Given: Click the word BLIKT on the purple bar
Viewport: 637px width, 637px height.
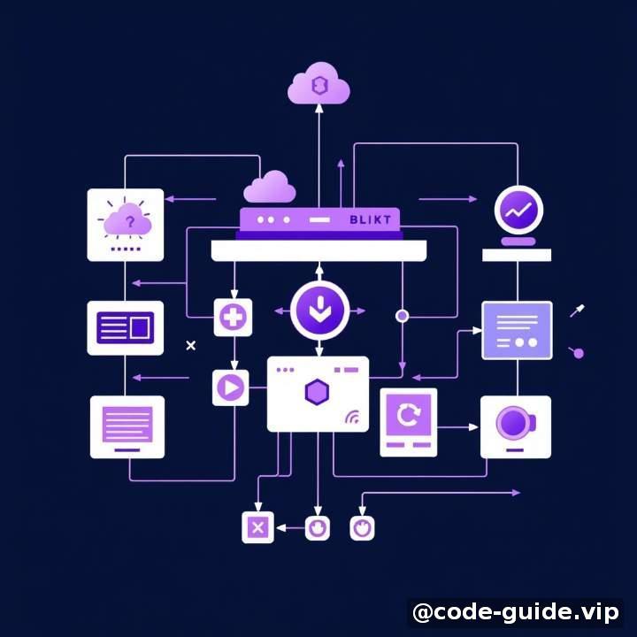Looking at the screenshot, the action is coord(370,219).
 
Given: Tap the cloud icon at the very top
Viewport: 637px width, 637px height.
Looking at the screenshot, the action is coord(318,83).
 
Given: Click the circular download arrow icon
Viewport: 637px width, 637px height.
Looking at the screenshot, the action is coord(319,311).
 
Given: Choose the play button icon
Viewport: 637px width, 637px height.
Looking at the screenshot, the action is coord(230,388).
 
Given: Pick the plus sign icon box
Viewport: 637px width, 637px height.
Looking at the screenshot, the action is coord(233,318).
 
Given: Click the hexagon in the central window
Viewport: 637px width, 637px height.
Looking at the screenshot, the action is coord(317,392).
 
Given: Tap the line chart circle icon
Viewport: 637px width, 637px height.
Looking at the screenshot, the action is coord(518,210).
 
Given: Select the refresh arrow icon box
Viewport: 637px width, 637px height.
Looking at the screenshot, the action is coord(408,422).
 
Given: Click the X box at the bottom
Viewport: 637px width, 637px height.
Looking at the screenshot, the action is coord(257,527).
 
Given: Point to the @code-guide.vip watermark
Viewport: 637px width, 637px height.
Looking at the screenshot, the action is coord(515,612).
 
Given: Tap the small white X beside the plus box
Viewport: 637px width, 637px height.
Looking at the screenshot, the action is coord(190,345).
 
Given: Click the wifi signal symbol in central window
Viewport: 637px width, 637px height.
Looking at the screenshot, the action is coord(352,417).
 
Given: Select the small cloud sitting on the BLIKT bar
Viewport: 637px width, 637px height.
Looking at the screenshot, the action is coord(270,187).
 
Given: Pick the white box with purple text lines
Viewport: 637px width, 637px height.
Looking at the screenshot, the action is coord(127,427).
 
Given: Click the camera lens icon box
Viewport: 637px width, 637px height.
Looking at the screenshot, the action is coord(516,426).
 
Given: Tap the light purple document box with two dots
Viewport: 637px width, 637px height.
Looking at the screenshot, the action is coord(517,330).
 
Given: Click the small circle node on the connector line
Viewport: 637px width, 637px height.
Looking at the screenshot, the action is coord(402,316).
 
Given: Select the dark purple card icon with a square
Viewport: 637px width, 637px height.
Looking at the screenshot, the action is coord(125,328).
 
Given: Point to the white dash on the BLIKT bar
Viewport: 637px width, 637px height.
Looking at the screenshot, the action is coord(319,219).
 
